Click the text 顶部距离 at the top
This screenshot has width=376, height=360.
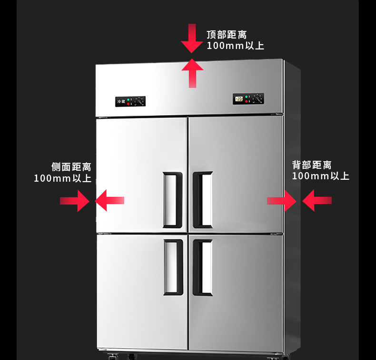(227, 35)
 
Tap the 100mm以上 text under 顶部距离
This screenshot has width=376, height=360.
(235, 46)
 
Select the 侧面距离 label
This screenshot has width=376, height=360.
(71, 167)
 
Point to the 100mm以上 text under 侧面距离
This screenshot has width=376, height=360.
(62, 179)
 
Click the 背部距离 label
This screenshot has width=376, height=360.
(312, 165)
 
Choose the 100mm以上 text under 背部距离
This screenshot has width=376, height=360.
(320, 176)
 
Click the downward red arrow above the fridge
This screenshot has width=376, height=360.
(192, 38)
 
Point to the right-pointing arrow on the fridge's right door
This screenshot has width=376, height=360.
(282, 201)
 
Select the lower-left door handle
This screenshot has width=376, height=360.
(173, 267)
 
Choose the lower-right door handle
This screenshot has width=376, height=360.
(203, 267)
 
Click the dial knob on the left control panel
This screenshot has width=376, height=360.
(139, 101)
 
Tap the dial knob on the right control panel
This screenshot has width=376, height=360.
(257, 99)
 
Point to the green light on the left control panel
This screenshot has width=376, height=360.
(129, 99)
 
